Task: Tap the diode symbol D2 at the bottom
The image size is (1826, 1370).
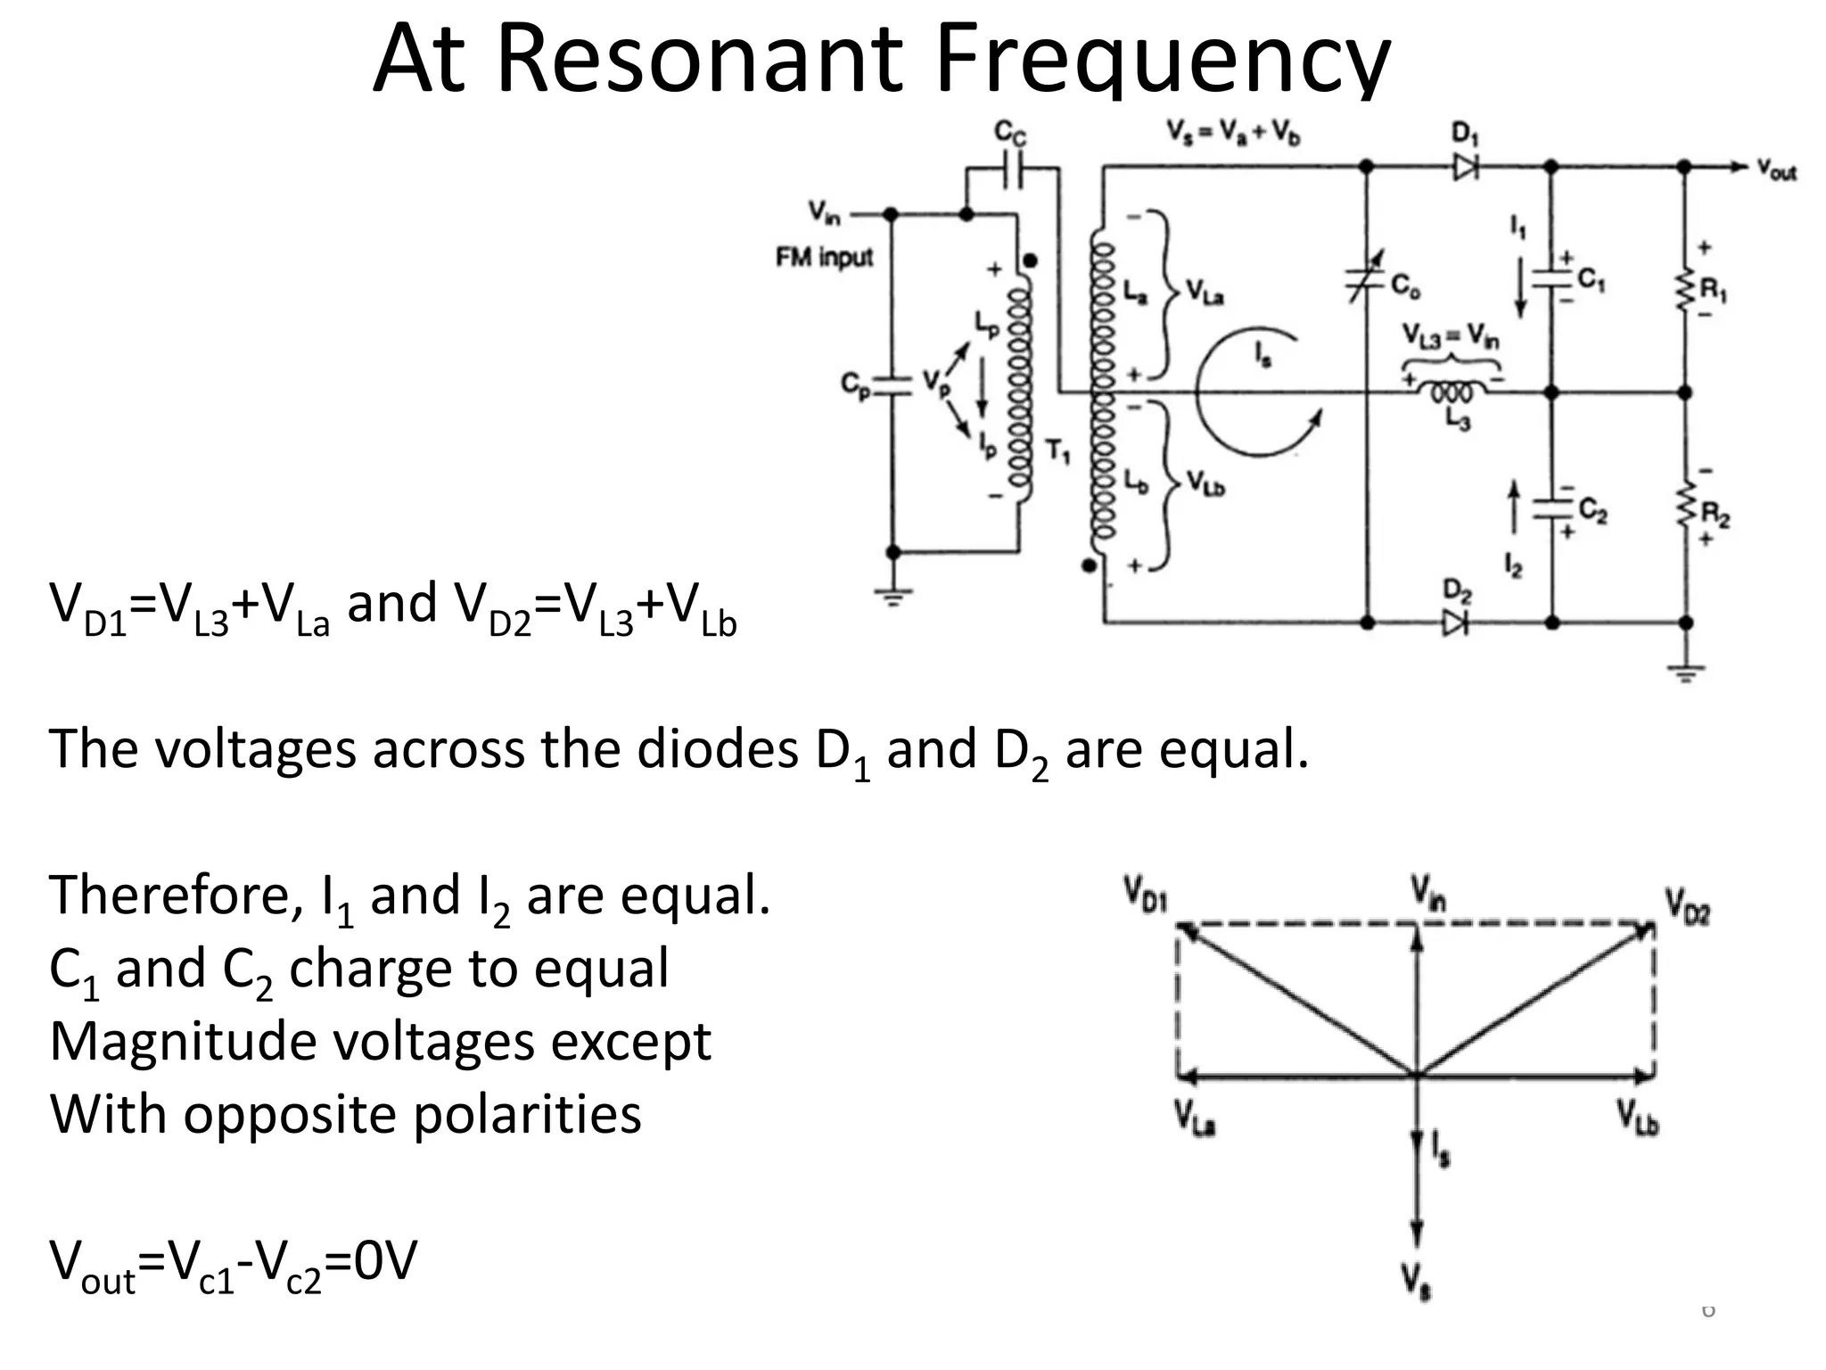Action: [1455, 623]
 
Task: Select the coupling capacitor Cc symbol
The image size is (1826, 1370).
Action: [1012, 168]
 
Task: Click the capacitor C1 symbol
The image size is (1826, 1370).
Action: [1551, 277]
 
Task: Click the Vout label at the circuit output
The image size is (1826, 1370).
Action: [1776, 169]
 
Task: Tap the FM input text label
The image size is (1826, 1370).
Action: [824, 258]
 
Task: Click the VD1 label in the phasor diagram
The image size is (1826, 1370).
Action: [1145, 894]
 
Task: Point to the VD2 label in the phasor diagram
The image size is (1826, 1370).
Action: [1688, 906]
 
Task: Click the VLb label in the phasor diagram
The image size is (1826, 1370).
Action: [1638, 1118]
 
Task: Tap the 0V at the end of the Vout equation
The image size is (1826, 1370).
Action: [385, 1260]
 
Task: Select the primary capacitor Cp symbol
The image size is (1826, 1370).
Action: [892, 385]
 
